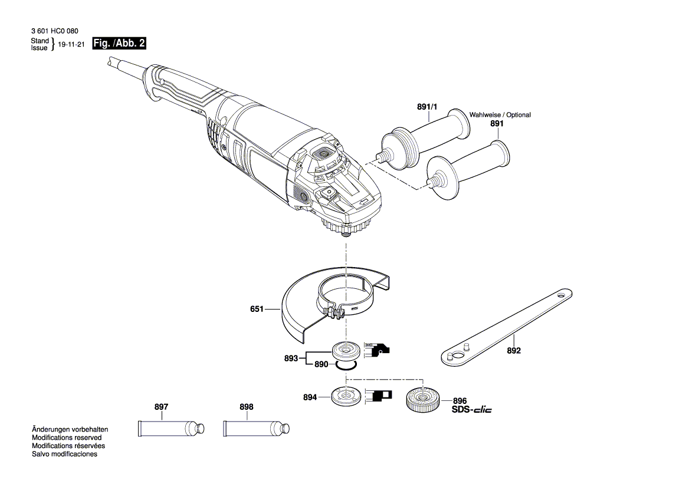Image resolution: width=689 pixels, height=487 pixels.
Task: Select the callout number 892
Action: click(514, 350)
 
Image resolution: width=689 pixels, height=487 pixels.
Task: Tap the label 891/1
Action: click(428, 107)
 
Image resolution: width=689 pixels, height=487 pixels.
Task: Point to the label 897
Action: click(161, 407)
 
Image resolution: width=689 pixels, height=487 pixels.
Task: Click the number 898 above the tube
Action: click(247, 407)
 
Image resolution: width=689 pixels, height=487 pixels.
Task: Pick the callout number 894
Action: click(310, 398)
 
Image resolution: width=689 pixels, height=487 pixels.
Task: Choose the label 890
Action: click(321, 365)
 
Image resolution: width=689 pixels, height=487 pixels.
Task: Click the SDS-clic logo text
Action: click(471, 410)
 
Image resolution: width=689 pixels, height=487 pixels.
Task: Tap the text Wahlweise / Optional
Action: click(500, 115)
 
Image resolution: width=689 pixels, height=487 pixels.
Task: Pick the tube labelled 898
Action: click(255, 427)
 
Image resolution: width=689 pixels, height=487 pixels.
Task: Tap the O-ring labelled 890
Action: click(345, 366)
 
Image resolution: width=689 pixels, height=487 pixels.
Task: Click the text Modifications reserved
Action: click(67, 438)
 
